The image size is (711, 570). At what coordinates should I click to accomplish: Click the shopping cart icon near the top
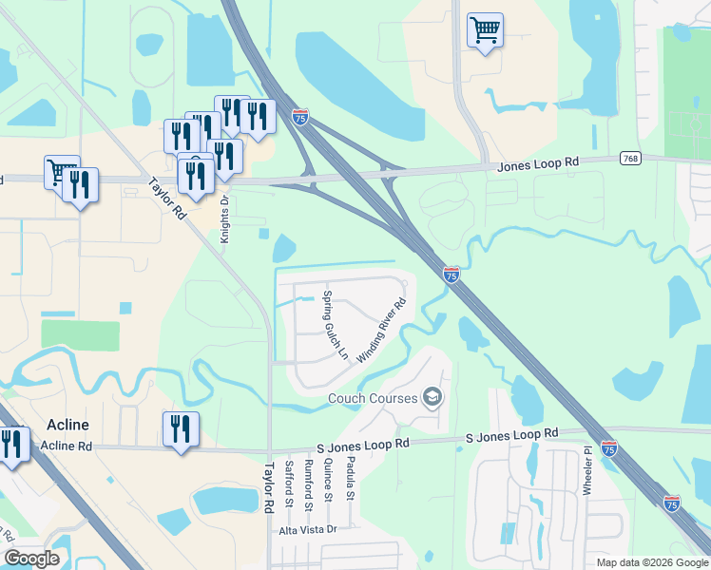[x=485, y=30]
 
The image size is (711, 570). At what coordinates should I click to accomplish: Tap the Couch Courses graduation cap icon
[x=433, y=397]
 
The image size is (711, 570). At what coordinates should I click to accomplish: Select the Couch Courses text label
[x=373, y=398]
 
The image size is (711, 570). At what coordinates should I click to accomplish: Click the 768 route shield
[x=630, y=158]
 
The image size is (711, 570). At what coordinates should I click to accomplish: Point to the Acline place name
[x=67, y=425]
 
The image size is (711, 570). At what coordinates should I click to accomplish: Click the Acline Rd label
[x=67, y=446]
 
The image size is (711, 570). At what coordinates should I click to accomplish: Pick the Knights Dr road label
[x=225, y=219]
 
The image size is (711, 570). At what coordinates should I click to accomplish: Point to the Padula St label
[x=350, y=481]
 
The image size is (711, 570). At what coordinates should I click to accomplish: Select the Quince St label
[x=329, y=481]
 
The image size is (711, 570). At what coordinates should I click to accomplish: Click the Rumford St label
[x=308, y=482]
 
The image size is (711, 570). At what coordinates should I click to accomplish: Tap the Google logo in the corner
[x=31, y=559]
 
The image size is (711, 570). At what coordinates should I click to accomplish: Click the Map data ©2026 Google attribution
[x=652, y=562]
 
